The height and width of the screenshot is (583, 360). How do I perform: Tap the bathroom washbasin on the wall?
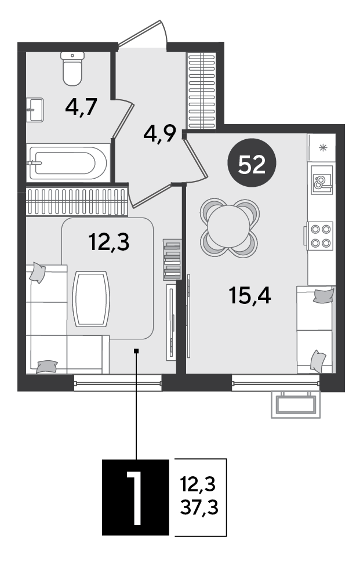tap(35, 110)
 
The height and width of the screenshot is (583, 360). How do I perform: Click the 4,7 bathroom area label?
tap(81, 107)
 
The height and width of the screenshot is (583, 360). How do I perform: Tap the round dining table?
tap(229, 226)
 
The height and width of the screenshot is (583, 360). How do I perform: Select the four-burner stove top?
tap(320, 236)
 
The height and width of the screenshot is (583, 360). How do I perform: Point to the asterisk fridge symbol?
tap(322, 147)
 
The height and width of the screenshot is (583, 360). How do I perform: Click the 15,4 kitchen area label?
tap(250, 296)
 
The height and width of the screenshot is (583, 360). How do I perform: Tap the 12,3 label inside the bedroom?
tap(109, 242)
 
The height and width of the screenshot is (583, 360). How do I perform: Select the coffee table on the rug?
tap(91, 299)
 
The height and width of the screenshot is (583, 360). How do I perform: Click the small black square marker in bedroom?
tap(136, 350)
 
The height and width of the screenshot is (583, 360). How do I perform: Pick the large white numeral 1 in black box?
tap(135, 498)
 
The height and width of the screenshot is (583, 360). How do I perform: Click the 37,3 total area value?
tap(199, 507)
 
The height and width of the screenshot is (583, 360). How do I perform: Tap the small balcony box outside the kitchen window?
tap(296, 404)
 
